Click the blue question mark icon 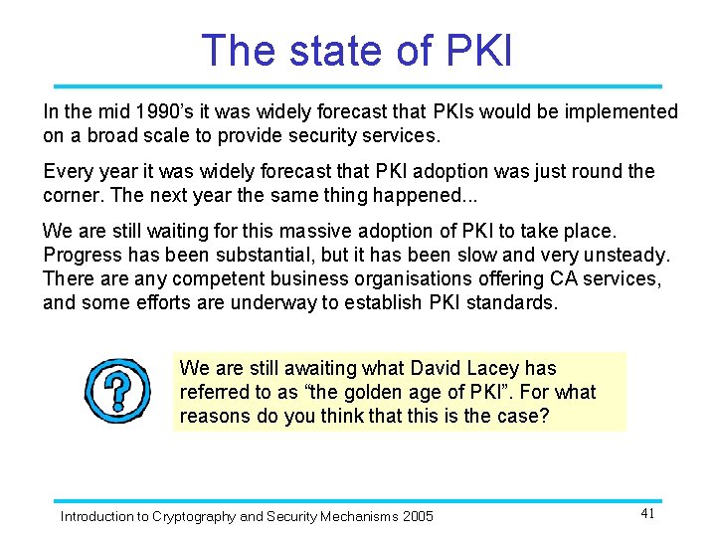(117, 391)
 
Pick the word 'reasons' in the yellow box (215, 416)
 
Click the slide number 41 (647, 513)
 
